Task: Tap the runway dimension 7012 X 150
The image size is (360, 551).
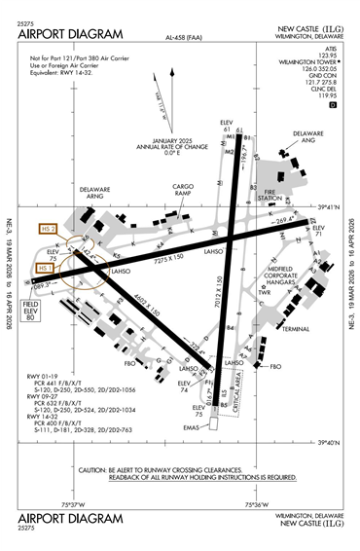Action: pyautogui.click(x=216, y=311)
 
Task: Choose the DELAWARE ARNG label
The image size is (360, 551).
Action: pyautogui.click(x=96, y=192)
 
